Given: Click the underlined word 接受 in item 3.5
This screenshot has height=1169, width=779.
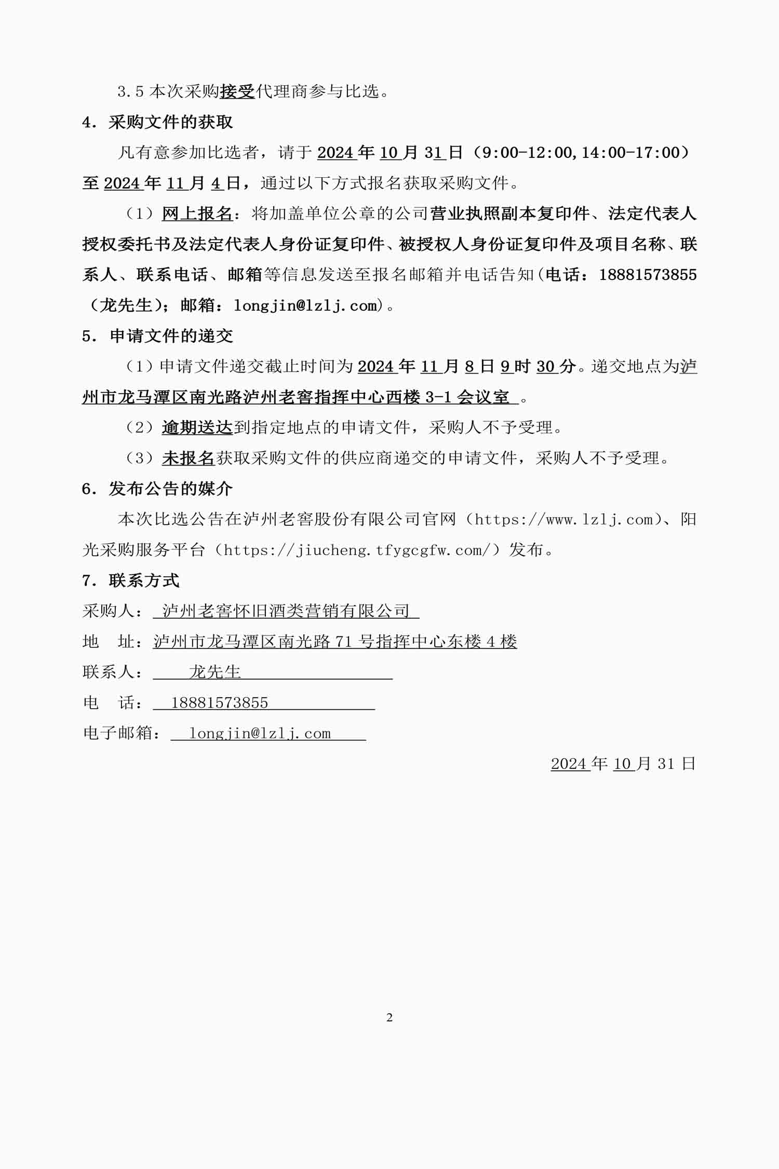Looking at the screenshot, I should click(x=237, y=92).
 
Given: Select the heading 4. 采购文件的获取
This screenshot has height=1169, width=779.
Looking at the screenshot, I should click(x=157, y=123).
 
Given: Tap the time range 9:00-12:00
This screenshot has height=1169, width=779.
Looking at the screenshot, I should click(x=527, y=153).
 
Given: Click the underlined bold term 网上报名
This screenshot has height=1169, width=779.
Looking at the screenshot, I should click(x=197, y=214).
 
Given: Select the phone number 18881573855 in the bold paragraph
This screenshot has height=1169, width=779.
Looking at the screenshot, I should click(x=648, y=275).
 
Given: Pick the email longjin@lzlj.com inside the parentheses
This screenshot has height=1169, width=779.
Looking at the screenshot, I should click(x=305, y=305).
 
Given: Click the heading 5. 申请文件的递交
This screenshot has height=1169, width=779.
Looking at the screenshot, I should click(x=157, y=336).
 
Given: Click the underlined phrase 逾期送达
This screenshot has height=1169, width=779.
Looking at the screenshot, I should click(x=197, y=428).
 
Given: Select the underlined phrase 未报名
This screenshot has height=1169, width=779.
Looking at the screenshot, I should click(x=189, y=458).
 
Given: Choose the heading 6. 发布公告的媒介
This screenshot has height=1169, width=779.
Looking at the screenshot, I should click(x=157, y=489).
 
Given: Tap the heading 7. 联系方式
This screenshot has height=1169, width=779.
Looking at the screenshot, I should click(x=131, y=581).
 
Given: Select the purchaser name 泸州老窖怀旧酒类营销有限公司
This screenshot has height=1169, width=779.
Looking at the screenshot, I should click(x=286, y=612).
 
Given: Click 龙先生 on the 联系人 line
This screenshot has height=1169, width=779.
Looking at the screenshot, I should click(x=215, y=672).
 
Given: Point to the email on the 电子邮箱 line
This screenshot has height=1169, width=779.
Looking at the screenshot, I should click(x=260, y=734).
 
